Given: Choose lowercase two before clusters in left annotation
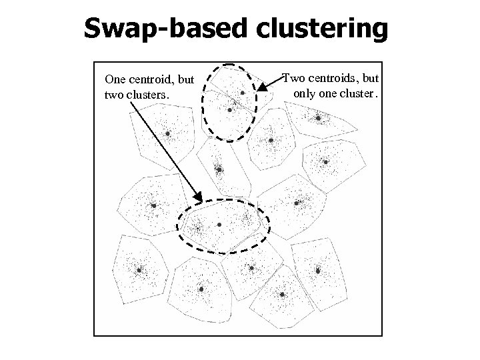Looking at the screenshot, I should pyautogui.click(x=114, y=95).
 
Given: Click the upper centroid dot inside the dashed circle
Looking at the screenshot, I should pyautogui.click(x=243, y=93).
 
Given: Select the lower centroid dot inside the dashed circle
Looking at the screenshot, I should pyautogui.click(x=230, y=109).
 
